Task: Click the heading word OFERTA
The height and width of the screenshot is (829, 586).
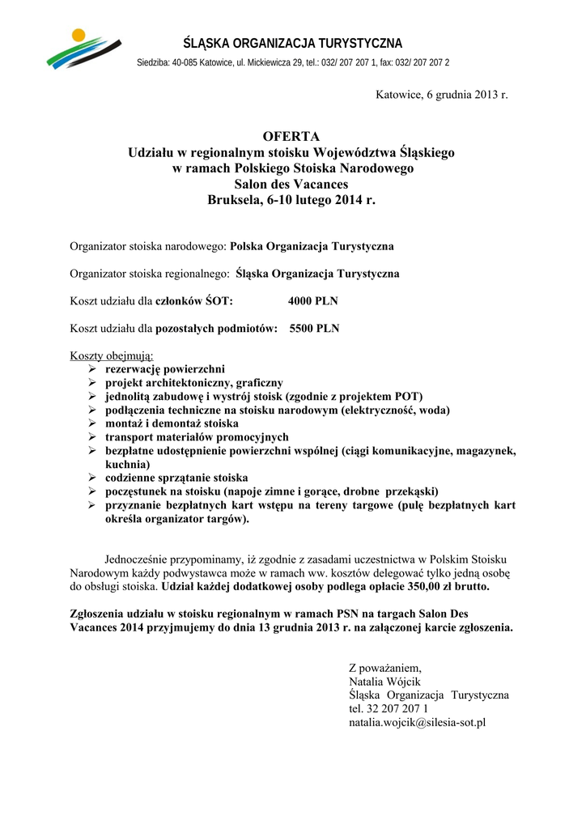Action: coord(291,135)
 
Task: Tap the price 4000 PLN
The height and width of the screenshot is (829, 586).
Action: coord(313,301)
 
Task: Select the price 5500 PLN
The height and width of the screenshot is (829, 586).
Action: coord(315,329)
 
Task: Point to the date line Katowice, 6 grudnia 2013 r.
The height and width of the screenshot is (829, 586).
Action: coord(441,96)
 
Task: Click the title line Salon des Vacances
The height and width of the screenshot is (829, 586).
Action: coord(291,184)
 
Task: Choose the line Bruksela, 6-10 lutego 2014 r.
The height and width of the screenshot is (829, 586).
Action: coord(291,199)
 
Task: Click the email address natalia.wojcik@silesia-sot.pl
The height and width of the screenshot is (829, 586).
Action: coord(416,721)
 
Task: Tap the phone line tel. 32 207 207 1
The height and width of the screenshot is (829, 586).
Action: coord(388,708)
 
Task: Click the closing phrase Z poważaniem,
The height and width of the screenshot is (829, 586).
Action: coord(385,668)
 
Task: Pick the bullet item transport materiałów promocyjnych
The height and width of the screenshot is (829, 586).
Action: coord(197,437)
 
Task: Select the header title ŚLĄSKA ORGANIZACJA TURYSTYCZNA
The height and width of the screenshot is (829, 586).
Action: coord(293,43)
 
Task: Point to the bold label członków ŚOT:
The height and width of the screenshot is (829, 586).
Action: coord(194,301)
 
